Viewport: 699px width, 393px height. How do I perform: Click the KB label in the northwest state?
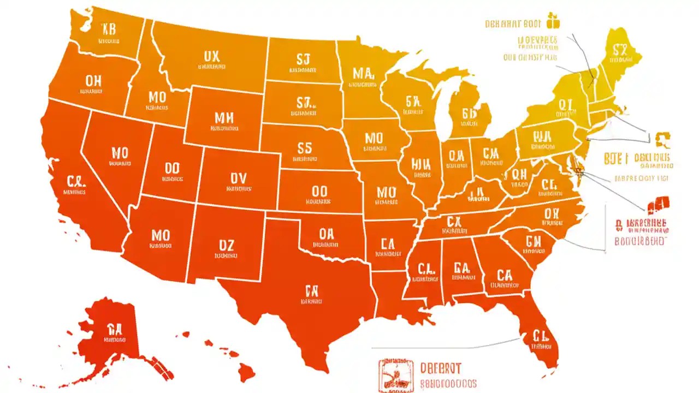click(x=109, y=29)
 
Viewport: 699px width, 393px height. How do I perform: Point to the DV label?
click(x=239, y=178)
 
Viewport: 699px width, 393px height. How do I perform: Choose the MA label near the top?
click(x=363, y=73)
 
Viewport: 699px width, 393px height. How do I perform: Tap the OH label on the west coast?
click(x=93, y=81)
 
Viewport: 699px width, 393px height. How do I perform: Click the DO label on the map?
click(x=172, y=168)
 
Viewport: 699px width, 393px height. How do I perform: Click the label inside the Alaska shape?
click(x=114, y=329)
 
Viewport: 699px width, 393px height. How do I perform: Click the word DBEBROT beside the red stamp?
click(x=441, y=367)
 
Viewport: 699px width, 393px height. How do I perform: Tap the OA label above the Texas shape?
click(x=326, y=234)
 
